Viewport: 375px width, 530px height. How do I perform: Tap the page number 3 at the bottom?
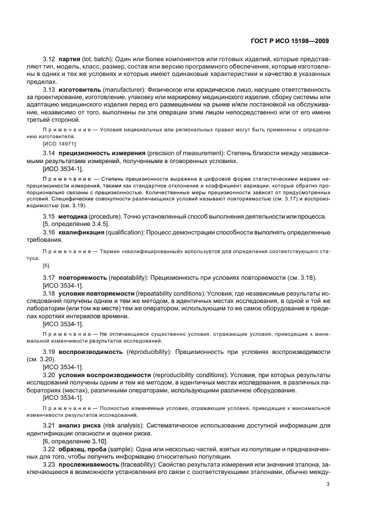(328, 484)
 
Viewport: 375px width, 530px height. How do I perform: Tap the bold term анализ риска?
(79, 425)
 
